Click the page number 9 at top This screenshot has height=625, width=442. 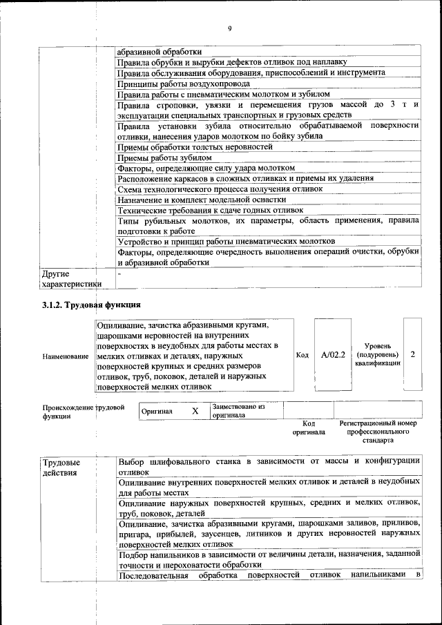coord(229,28)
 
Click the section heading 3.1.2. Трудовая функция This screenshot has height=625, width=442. coord(91,305)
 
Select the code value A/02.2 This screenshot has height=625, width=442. coord(333,355)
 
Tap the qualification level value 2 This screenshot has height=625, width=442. coord(412,354)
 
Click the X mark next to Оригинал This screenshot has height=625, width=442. coord(195,411)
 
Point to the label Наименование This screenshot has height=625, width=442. coord(66,356)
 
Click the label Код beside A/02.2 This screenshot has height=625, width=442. coord(302,355)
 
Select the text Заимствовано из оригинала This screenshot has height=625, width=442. coord(239,411)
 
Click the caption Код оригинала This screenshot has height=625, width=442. coord(309,427)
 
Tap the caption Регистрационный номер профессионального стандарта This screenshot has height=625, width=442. coord(378,432)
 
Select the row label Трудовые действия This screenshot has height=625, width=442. coord(61,467)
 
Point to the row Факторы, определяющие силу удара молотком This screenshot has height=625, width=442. coord(206,168)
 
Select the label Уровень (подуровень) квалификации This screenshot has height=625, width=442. coord(378,354)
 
